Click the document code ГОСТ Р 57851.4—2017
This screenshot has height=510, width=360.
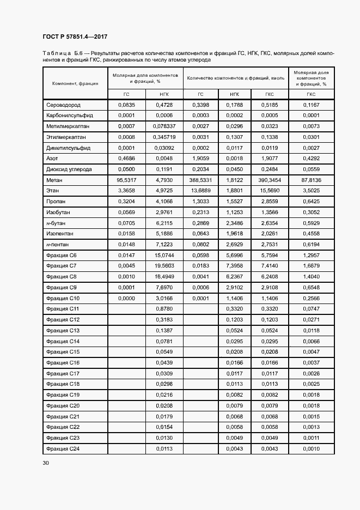[x=75, y=37]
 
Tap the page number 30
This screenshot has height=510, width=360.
[x=46, y=463]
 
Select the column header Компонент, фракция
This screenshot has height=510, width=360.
[x=75, y=83]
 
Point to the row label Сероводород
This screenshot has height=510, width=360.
[x=63, y=105]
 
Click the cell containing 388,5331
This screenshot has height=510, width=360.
[x=200, y=180]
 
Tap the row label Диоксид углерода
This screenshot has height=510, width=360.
[x=69, y=169]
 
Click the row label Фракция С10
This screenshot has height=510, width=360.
[x=63, y=298]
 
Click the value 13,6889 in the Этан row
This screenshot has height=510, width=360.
[x=200, y=191]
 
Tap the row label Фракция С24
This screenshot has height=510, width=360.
[x=63, y=448]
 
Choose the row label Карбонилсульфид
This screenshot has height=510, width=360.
[x=70, y=116]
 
